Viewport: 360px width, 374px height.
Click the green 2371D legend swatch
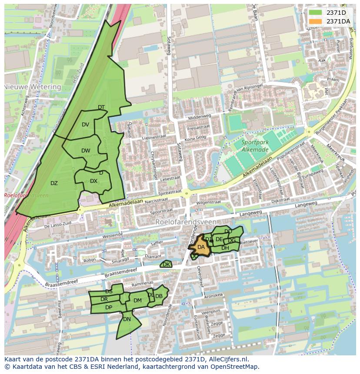coord(315,13)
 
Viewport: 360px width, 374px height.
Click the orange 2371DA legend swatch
coord(315,21)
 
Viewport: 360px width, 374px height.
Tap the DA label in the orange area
coord(201,247)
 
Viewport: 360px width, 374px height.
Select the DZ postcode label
coord(54,183)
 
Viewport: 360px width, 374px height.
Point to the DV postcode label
coord(85,125)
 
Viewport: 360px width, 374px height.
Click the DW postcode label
coord(86,151)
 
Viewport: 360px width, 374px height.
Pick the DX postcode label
coord(93,181)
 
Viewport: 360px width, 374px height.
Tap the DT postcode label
coord(101,107)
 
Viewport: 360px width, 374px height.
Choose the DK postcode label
coord(166,264)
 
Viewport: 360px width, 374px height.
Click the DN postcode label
coord(127,319)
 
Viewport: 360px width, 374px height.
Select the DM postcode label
coord(137,300)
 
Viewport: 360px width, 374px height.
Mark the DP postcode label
coord(109,308)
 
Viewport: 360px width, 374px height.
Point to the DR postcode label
coord(104,299)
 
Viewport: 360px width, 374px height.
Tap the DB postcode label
coord(159,296)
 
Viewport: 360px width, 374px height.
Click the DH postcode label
coord(225,248)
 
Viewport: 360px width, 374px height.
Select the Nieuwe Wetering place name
coord(33,87)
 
